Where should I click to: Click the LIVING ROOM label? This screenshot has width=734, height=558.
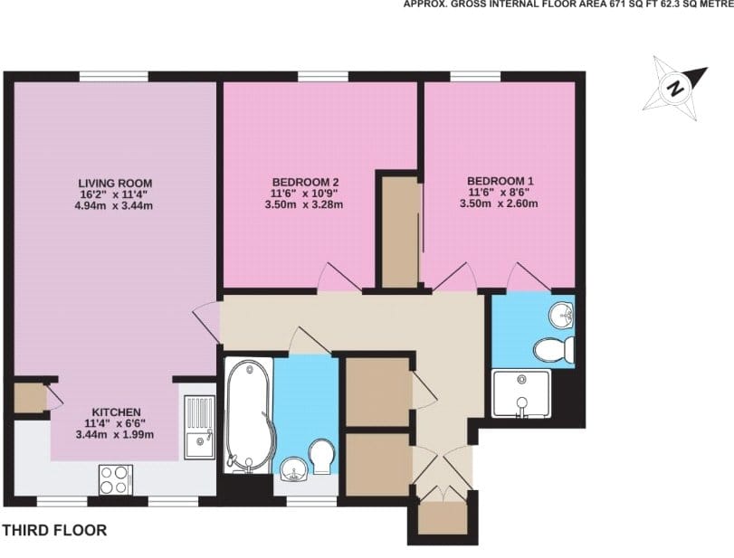click(x=115, y=183)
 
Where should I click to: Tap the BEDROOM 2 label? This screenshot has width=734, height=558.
click(x=305, y=182)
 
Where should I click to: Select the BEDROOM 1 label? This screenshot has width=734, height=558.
click(x=500, y=181)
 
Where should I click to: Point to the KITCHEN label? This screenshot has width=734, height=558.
click(x=116, y=412)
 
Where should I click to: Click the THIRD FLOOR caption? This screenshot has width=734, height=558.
click(x=55, y=530)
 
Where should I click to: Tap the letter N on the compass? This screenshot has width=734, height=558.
click(x=675, y=88)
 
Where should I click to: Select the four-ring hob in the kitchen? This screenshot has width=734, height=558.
click(x=115, y=480)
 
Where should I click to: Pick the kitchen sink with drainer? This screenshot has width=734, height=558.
click(x=199, y=427)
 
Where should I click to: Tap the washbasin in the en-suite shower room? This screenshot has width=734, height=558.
click(x=561, y=315)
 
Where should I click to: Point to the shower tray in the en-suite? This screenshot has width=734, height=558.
click(x=521, y=393)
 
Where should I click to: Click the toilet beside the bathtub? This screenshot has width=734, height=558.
click(x=322, y=457)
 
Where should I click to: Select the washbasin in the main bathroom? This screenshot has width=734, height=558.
click(x=293, y=469)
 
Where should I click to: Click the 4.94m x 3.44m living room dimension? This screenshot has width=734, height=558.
click(x=114, y=205)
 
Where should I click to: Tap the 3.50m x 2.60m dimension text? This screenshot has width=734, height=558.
click(x=499, y=203)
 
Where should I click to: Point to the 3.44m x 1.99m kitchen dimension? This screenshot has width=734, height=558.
click(x=115, y=434)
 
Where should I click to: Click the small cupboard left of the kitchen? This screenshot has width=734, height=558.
click(x=30, y=399)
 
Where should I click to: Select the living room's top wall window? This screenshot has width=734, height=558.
click(x=114, y=77)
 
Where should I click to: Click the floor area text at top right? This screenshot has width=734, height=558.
click(x=568, y=5)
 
